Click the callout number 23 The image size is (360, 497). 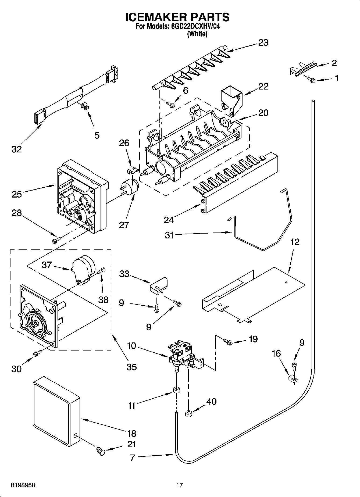[x=263, y=43]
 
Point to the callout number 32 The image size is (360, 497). [x=16, y=149]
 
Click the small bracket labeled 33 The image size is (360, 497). [x=159, y=286]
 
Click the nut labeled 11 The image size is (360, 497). [x=176, y=390]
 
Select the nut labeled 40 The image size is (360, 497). [x=188, y=413]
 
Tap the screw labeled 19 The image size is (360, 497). [x=228, y=342]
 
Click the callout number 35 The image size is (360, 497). [x=131, y=367]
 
